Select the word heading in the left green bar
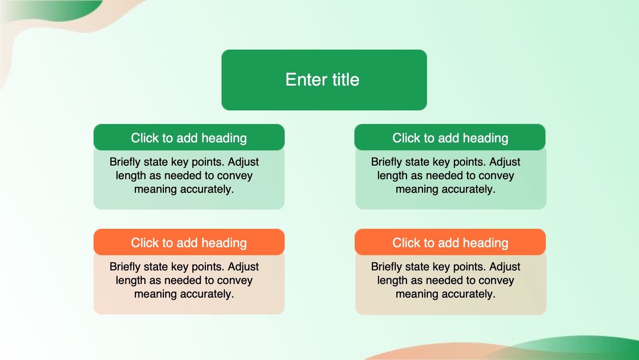tap(224, 138)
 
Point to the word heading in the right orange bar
tap(485, 243)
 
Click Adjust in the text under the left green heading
tap(244, 162)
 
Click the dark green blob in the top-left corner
tap(57, 10)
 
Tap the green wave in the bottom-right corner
tap(579, 348)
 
